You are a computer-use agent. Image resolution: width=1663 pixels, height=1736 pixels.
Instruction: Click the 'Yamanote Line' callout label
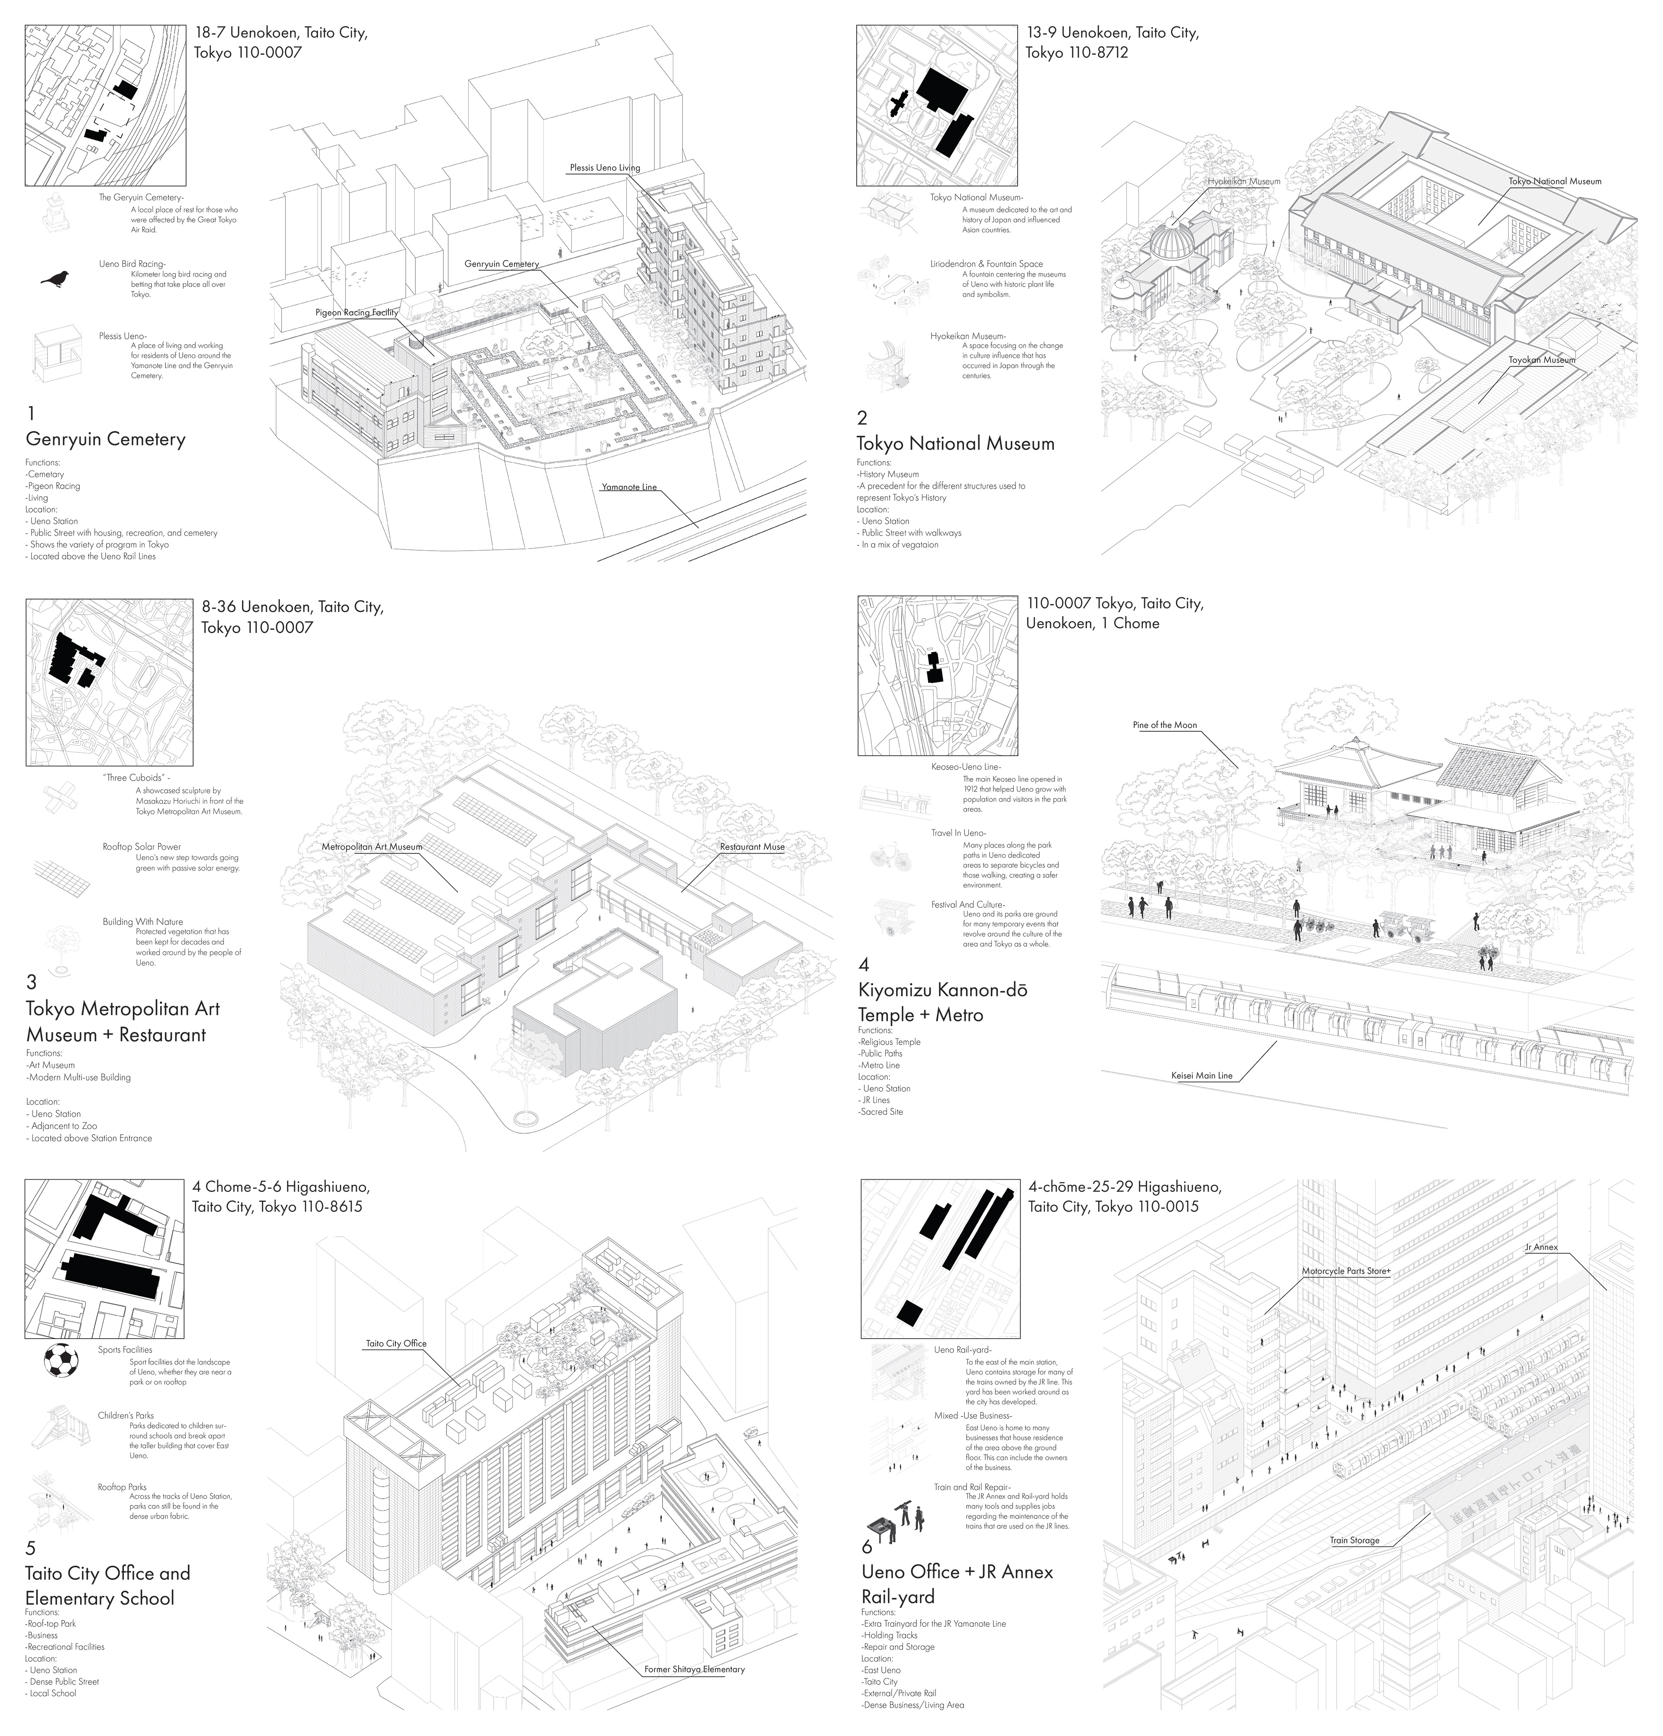point(629,487)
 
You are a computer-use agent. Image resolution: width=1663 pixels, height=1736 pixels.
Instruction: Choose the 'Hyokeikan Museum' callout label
point(1243,181)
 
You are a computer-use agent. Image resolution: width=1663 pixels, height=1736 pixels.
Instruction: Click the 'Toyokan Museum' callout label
point(1542,360)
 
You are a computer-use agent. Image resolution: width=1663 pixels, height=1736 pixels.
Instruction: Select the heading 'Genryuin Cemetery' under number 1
point(105,439)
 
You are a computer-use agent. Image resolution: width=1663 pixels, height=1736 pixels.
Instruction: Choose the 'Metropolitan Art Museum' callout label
point(372,847)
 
